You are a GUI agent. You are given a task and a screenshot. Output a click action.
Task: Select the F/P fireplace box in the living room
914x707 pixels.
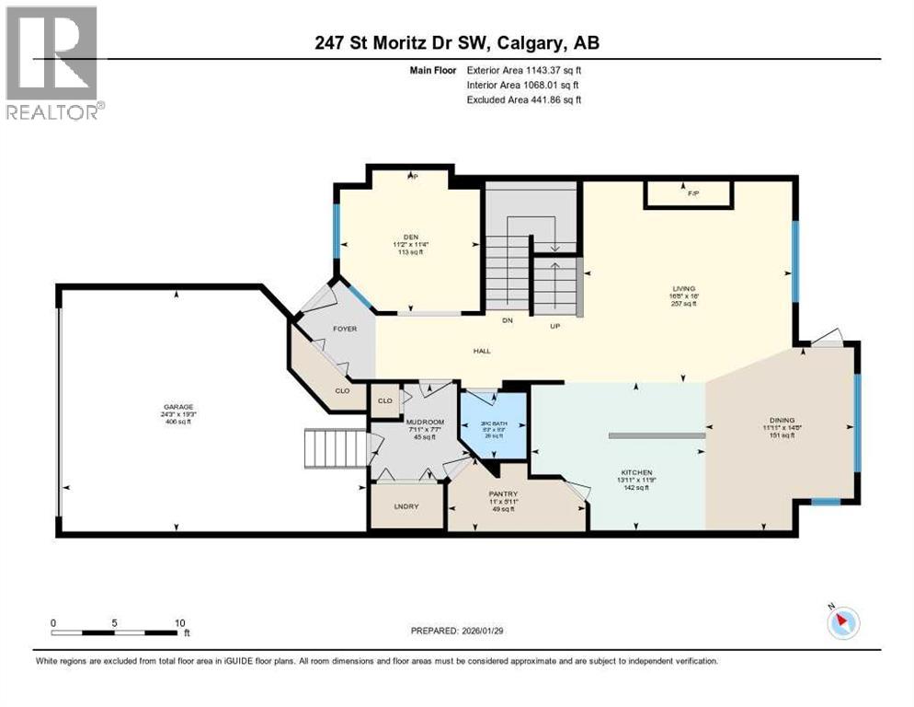[x=689, y=194]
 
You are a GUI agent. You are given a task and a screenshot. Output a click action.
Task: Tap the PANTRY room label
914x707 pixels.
[x=503, y=494]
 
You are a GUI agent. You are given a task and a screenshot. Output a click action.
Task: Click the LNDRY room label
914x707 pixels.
[x=406, y=505]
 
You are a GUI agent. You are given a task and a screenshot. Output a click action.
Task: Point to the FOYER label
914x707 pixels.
[x=345, y=329]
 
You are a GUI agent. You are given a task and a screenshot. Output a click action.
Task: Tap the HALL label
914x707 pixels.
[x=482, y=350]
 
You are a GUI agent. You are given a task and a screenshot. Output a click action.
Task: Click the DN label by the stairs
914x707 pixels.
[x=507, y=320]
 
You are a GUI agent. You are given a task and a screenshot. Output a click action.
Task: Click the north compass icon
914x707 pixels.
[x=842, y=622]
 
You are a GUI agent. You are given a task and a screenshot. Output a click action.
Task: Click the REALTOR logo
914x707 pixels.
[x=53, y=63]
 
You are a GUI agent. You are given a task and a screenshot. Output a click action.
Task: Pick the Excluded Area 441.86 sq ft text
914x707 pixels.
[x=524, y=99]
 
